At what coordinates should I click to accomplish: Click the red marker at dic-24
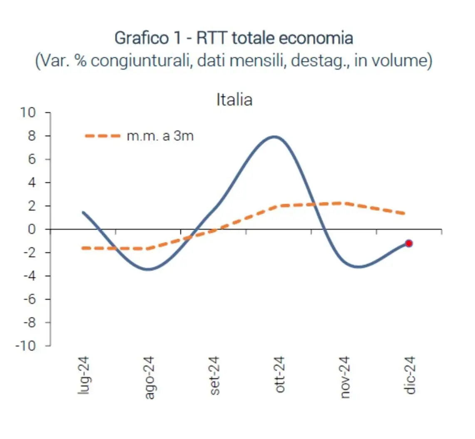click(x=409, y=243)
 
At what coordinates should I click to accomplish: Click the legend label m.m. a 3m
click(x=160, y=136)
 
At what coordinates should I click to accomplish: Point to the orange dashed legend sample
click(x=102, y=136)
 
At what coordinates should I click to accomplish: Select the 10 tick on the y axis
click(x=32, y=113)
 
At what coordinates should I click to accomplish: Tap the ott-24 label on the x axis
click(x=280, y=374)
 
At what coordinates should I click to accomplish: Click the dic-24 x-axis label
click(x=410, y=374)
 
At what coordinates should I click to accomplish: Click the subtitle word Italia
click(x=234, y=100)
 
